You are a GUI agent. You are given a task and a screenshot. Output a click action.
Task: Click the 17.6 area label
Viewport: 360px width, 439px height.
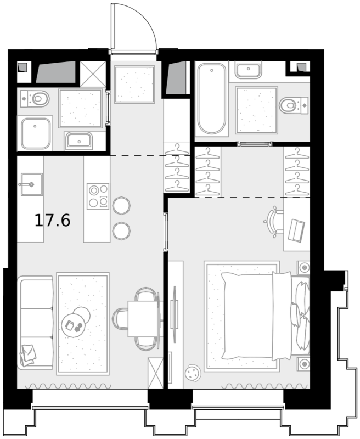point(52,221)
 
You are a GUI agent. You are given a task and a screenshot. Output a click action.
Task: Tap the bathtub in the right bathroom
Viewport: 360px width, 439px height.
point(211,99)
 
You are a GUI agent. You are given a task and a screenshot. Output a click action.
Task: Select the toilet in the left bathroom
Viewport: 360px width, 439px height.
point(35,99)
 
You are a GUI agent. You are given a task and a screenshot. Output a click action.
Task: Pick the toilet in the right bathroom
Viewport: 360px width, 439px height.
point(294,105)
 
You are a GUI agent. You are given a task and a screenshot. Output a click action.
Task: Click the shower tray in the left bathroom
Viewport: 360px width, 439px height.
point(35,133)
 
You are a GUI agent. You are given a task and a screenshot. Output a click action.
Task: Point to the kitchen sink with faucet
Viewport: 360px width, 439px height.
point(31,184)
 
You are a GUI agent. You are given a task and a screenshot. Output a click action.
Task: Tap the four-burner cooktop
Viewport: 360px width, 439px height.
point(98,196)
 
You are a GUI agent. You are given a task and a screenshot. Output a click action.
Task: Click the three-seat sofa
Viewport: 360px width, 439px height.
point(35,323)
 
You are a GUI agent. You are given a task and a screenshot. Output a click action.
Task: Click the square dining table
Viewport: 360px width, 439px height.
point(142,319)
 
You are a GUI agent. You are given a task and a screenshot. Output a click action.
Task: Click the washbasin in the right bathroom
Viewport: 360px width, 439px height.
point(248,70)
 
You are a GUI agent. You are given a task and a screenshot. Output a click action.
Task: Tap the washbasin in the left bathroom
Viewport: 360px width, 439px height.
point(78,141)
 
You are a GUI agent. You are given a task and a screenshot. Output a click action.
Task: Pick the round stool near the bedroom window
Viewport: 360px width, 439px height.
point(193,373)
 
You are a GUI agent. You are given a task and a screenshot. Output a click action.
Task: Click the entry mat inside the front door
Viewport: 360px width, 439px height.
point(134,85)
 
